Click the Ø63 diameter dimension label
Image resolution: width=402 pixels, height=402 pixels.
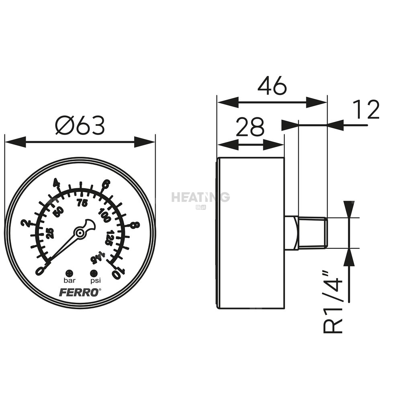(80, 125)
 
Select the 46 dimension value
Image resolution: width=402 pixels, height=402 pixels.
(272, 86)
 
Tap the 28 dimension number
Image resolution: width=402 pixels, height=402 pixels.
(250, 127)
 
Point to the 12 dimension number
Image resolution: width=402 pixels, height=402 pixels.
(366, 109)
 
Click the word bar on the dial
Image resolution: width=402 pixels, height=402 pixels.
(70, 281)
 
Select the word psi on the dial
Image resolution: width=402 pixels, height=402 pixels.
(95, 281)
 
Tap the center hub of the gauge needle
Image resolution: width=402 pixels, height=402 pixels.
(80, 233)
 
